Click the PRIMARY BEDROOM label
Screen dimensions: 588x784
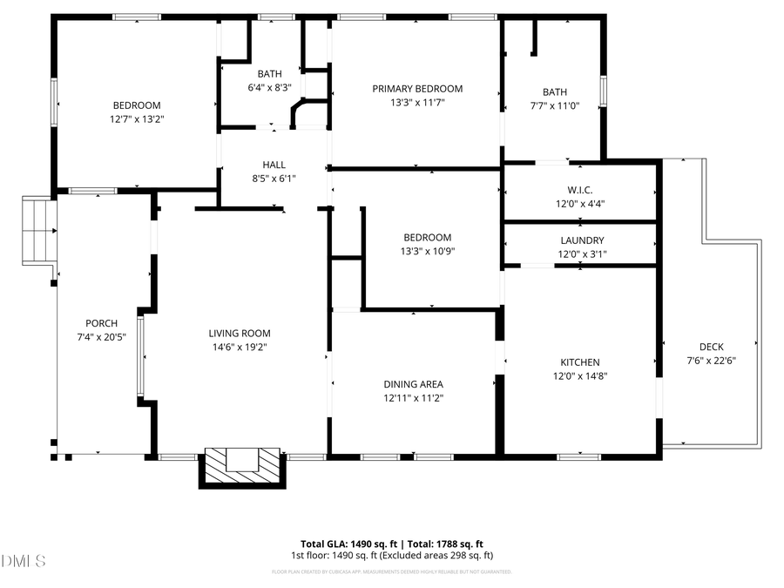click(417, 89)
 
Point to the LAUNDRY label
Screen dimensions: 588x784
click(582, 240)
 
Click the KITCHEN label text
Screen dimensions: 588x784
click(579, 362)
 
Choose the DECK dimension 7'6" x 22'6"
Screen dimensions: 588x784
click(711, 361)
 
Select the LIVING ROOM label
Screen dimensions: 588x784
click(240, 333)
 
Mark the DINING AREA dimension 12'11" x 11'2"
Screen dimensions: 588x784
click(414, 398)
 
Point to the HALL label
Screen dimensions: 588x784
click(274, 165)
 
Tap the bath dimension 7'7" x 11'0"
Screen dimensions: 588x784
click(554, 106)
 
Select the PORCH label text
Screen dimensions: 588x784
click(101, 323)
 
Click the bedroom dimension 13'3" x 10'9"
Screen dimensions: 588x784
click(427, 252)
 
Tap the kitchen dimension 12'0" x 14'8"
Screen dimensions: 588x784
click(579, 377)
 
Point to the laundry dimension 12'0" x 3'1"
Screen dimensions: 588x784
click(582, 255)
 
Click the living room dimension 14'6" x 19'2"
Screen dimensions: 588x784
click(240, 348)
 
